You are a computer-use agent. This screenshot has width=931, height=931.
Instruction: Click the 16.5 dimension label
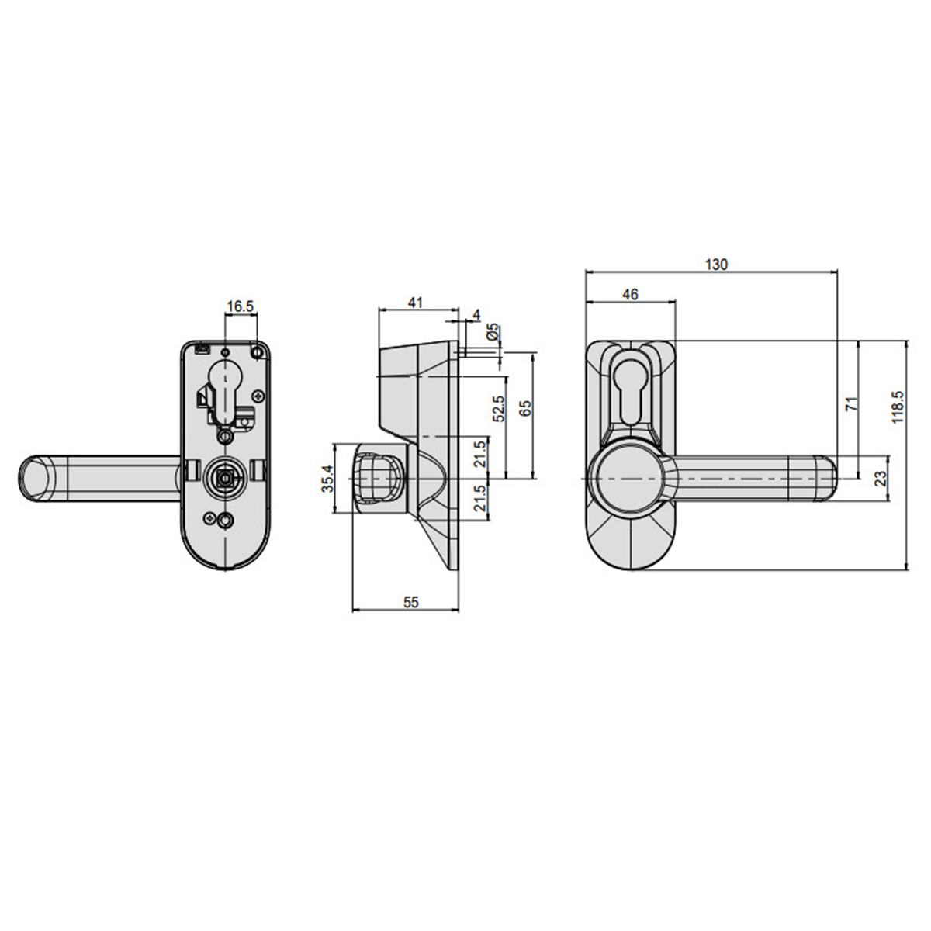(240, 306)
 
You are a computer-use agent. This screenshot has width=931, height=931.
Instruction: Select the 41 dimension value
(416, 303)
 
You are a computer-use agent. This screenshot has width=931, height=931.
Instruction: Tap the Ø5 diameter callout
(493, 332)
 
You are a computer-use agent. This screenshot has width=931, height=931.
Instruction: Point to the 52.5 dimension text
(499, 408)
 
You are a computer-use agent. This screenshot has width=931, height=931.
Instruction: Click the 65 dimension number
(526, 408)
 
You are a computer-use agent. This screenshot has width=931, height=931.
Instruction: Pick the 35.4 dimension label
(328, 479)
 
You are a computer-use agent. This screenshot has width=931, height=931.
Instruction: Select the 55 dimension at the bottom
(410, 602)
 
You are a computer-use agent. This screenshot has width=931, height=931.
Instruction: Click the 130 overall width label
(717, 265)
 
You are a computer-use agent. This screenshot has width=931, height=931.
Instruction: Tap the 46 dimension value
(631, 294)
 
